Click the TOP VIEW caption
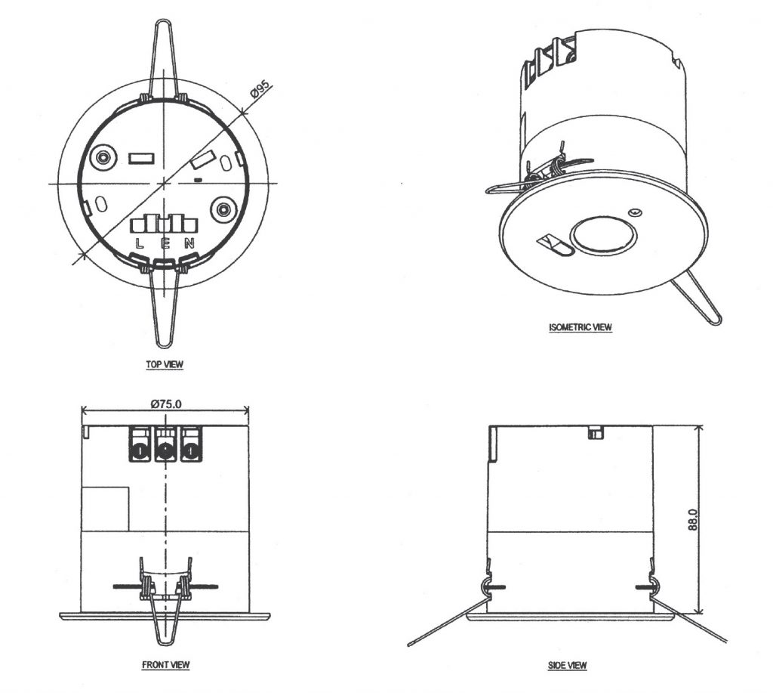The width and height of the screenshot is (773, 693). [165, 364]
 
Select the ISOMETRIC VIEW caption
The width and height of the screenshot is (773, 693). [581, 328]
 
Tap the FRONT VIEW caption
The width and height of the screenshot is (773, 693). [165, 665]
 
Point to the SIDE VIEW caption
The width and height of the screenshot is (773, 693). [567, 665]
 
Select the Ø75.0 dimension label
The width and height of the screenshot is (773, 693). [165, 404]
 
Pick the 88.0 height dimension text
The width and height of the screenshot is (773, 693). [693, 521]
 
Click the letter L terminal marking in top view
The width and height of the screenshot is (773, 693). [139, 243]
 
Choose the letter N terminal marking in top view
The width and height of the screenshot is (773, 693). [190, 243]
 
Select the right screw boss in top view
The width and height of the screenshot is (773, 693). [224, 209]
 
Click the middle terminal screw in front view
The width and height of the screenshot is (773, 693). [165, 452]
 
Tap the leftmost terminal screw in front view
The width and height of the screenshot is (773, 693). [140, 452]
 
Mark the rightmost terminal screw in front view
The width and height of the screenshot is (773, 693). [190, 452]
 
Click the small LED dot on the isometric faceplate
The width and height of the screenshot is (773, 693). [636, 212]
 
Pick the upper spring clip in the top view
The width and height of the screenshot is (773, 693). [165, 60]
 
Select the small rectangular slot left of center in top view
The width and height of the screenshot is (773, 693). [141, 159]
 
